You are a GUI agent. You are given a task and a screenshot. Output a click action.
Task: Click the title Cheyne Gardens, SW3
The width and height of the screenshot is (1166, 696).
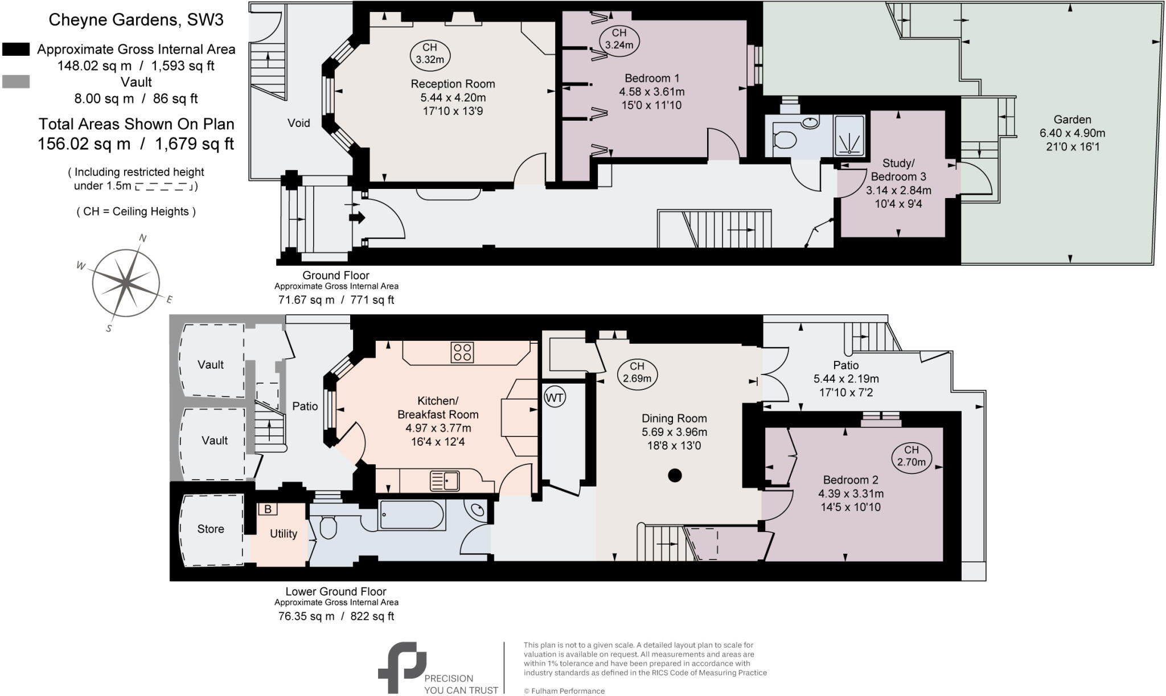136,20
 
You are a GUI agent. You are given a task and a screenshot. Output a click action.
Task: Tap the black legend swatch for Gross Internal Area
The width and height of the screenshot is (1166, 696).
16,50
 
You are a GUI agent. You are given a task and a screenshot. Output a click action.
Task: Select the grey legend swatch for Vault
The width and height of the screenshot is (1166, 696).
16,82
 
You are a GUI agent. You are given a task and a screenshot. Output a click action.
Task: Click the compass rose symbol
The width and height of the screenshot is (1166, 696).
126,282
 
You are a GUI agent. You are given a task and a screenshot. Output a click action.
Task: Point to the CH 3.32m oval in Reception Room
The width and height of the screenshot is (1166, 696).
430,53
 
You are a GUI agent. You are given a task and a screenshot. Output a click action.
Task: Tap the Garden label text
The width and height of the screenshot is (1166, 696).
1072,120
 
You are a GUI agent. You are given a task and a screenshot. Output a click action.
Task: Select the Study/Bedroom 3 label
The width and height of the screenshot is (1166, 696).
898,170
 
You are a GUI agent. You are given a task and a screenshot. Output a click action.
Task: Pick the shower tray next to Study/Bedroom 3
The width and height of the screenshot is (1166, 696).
849,136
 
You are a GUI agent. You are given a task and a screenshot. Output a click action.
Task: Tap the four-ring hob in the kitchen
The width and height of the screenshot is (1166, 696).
462,352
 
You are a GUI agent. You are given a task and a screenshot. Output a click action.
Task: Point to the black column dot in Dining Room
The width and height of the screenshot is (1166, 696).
675,475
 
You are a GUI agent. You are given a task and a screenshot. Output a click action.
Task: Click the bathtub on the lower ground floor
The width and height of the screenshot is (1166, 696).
412,516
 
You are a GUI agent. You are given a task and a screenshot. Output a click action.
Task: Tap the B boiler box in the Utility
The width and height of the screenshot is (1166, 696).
267,509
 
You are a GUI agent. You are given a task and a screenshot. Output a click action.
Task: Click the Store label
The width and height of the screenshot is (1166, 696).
211,529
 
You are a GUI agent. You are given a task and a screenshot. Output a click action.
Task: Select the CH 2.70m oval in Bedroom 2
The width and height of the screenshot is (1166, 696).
911,456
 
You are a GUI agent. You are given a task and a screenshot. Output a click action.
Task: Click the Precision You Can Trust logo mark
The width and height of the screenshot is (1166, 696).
401,667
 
